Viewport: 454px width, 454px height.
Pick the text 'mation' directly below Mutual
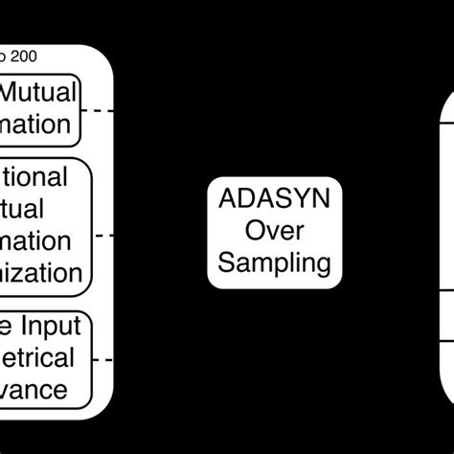point(35,125)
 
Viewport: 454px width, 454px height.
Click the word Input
point(49,328)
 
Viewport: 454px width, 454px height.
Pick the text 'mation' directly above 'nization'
point(35,240)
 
